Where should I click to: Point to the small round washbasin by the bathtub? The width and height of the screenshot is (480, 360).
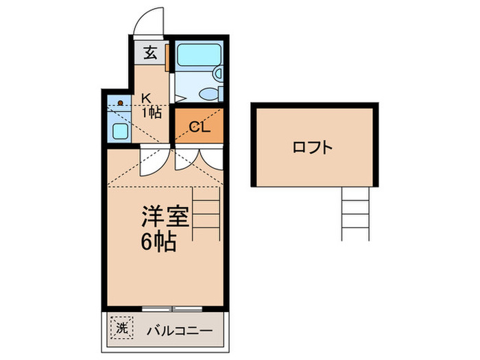[x=218, y=73]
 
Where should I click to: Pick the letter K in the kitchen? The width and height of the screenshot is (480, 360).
[x=146, y=98]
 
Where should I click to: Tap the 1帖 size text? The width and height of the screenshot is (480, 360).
[x=152, y=112]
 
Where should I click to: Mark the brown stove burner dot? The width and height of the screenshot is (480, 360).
[x=120, y=103]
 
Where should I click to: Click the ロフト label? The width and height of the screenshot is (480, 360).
[x=313, y=146]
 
